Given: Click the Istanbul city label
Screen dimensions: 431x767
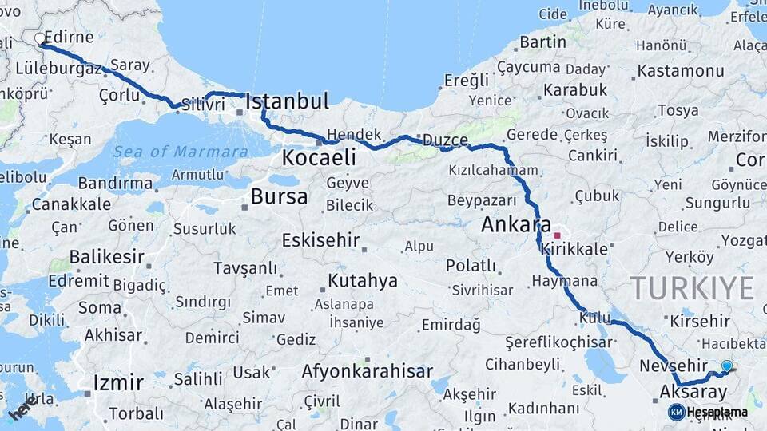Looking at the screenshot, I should [x=287, y=101].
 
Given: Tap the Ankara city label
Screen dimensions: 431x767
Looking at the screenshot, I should [x=516, y=224].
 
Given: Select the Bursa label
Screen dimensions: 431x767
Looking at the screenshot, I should [x=279, y=196].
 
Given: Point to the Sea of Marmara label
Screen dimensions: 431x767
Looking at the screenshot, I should [x=180, y=152].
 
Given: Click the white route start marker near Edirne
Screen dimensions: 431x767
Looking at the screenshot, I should [x=40, y=38].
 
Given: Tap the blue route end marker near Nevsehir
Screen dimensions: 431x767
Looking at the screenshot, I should [x=726, y=366].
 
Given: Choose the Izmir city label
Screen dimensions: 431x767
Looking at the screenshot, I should [x=117, y=382].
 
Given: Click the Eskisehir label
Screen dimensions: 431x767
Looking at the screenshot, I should [x=320, y=240].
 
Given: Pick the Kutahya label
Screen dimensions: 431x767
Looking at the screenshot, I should [x=362, y=280].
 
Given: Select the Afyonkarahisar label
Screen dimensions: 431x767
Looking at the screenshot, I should [x=367, y=371].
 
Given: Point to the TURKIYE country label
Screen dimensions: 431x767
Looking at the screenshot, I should [x=692, y=288].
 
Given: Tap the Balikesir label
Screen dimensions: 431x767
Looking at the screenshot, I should [x=106, y=257].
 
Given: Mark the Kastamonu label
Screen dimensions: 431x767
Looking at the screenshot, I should [x=681, y=71].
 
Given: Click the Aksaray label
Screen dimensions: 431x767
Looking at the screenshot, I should [x=693, y=392].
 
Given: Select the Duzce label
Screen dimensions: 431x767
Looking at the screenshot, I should [x=444, y=140].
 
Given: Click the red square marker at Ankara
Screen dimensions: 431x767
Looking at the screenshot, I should [x=558, y=235].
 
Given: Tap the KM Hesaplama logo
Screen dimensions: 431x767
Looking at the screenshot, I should [x=708, y=412].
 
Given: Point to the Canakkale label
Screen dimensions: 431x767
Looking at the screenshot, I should [x=71, y=204].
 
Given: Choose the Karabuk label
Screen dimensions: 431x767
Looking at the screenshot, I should [x=575, y=89].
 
